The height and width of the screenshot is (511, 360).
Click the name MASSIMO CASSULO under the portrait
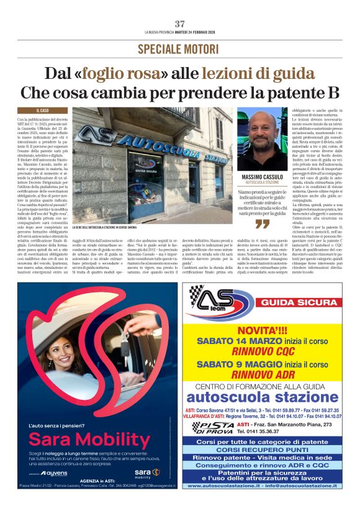coord(263,178)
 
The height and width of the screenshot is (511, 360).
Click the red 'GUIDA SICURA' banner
coord(290,302)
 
